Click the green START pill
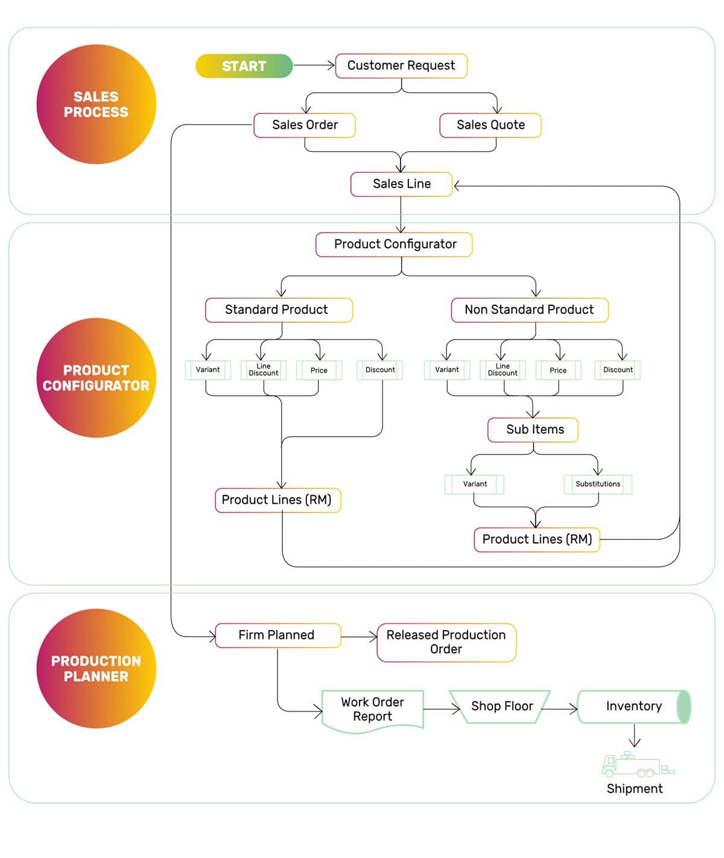(x=244, y=66)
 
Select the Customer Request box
(x=401, y=66)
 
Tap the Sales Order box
(x=305, y=126)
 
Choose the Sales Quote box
(x=490, y=126)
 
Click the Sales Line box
(x=401, y=184)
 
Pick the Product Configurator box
(x=394, y=244)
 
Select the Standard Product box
(x=279, y=310)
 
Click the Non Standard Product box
(x=530, y=310)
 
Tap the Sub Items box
(x=533, y=430)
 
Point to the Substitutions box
(x=598, y=484)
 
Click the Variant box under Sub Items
(x=474, y=484)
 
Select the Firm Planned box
(x=278, y=635)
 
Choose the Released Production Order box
(x=446, y=642)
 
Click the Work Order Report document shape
(x=373, y=710)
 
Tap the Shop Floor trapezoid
(x=500, y=707)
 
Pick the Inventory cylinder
(x=635, y=707)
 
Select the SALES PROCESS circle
(x=96, y=104)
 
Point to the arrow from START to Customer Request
(x=314, y=65)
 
